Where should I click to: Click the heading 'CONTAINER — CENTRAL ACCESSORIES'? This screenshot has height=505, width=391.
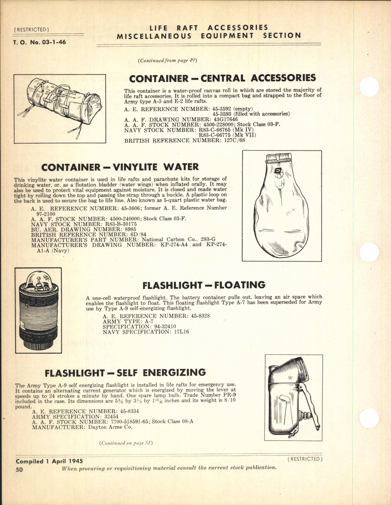222,78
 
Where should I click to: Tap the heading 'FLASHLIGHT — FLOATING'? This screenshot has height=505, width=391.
204,285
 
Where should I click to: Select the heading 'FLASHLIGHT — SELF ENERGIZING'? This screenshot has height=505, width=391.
125,373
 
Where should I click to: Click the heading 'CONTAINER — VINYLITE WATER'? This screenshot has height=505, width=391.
120,167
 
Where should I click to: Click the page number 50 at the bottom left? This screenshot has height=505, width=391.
19,469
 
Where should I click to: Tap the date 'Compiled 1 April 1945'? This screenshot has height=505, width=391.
49,461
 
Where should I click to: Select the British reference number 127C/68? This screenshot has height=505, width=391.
233,140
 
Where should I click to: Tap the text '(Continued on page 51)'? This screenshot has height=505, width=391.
126,443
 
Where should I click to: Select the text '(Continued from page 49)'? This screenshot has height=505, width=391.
167,61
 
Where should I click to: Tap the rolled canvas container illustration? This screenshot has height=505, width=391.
60,108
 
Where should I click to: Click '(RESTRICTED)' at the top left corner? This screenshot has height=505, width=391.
32,30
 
